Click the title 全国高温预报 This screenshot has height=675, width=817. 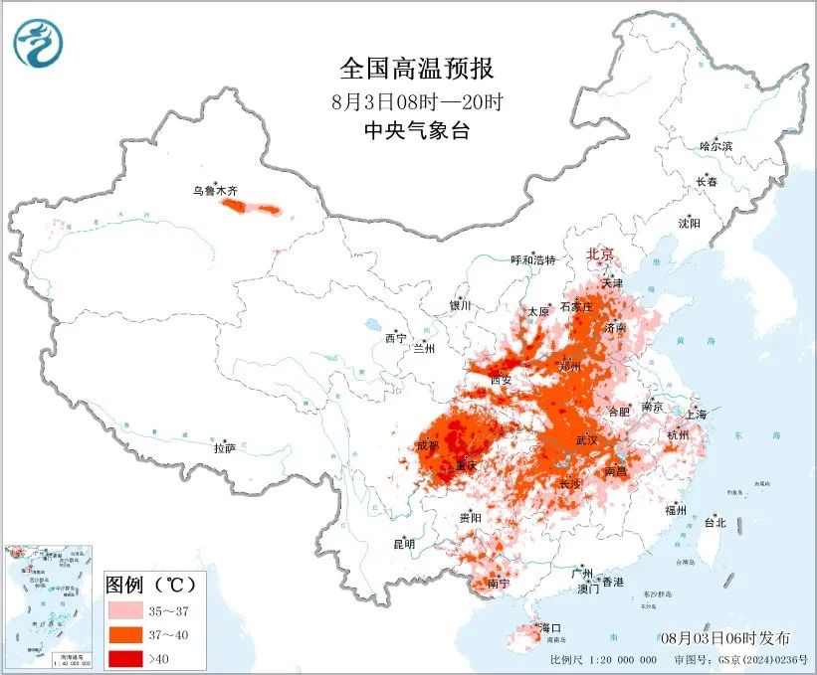click(x=417, y=69)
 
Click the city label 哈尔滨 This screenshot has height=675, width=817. click(x=715, y=146)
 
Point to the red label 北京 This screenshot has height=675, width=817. click(x=602, y=254)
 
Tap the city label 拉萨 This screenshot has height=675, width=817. click(x=225, y=448)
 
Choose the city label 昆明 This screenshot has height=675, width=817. click(x=403, y=544)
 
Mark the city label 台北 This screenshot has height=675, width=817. click(x=715, y=522)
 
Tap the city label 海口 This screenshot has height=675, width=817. click(x=550, y=628)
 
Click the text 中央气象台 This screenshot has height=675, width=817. click(x=416, y=130)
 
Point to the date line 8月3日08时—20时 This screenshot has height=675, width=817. click(x=417, y=100)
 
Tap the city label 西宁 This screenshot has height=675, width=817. click(x=395, y=339)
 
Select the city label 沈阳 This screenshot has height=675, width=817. click(x=689, y=223)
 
